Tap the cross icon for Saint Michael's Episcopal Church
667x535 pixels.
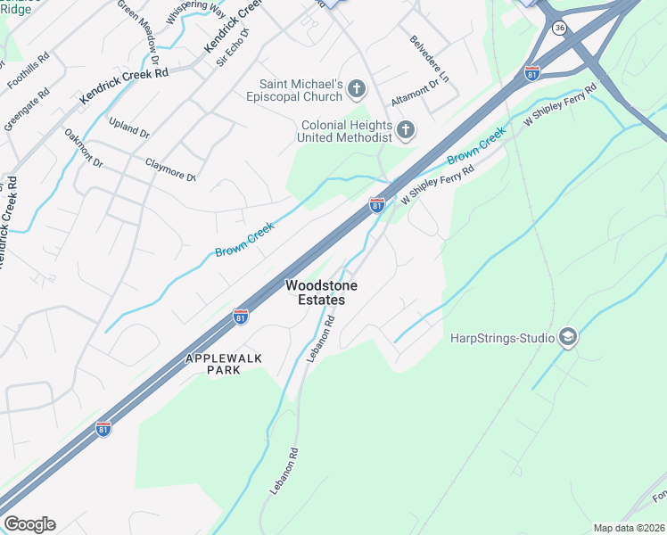click(357, 88)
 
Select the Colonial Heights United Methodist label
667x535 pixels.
click(346, 132)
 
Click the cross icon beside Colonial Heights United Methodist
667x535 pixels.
click(406, 131)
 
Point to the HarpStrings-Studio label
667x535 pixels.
click(499, 338)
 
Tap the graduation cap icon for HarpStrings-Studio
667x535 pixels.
click(567, 337)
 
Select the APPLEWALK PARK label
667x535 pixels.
click(212, 363)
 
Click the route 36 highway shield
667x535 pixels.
click(559, 29)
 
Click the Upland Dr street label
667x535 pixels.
click(129, 128)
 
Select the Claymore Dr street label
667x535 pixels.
click(170, 169)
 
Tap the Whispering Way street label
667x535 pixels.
click(195, 12)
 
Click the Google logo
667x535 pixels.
click(29, 524)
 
